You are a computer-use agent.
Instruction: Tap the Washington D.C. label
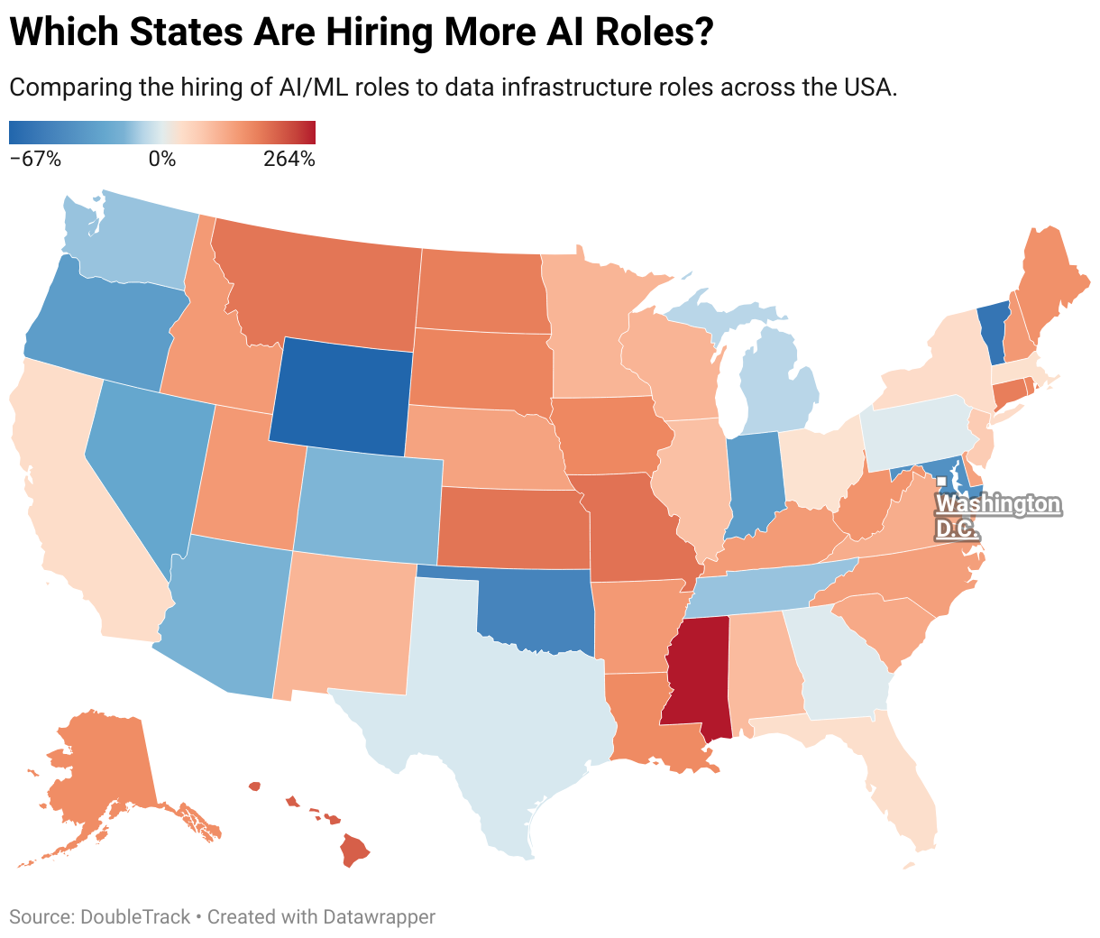(998, 515)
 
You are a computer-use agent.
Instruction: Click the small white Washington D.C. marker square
(940, 482)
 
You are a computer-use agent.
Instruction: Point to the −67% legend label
(35, 160)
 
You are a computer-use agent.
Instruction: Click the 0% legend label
(162, 160)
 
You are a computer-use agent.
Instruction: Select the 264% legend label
(289, 160)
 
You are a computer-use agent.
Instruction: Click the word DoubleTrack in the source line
(135, 917)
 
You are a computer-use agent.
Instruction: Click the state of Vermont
(991, 334)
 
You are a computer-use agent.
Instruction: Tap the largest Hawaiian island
(355, 849)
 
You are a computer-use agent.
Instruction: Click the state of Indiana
(752, 483)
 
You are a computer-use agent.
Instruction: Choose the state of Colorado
(370, 501)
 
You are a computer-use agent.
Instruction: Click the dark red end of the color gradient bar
(309, 133)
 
